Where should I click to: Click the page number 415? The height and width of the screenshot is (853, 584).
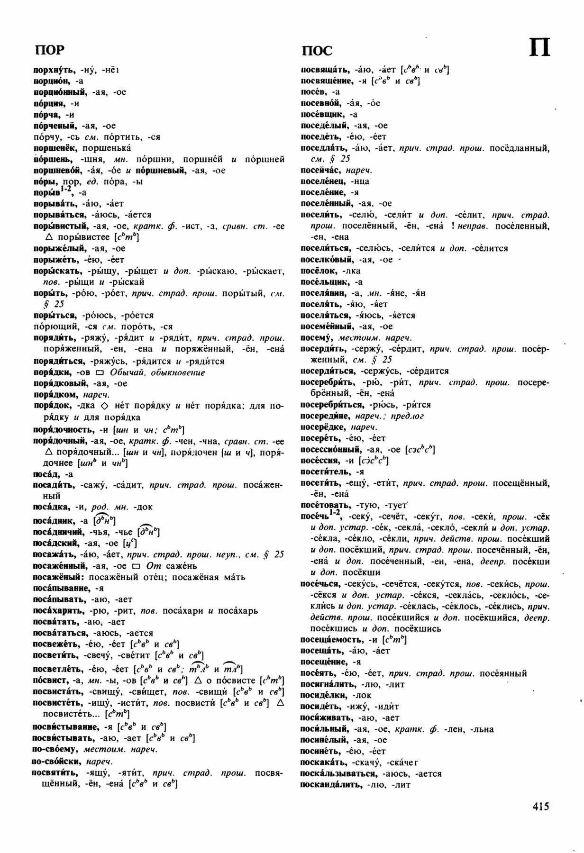click(540, 806)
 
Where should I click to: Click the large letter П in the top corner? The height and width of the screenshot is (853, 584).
click(539, 48)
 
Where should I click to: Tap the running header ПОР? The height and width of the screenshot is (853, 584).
click(49, 50)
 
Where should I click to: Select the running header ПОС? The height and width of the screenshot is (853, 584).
click(317, 50)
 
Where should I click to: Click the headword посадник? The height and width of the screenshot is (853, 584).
click(52, 520)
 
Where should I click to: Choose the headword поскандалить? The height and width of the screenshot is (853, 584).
click(331, 785)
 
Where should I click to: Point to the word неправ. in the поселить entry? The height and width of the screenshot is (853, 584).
click(475, 226)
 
